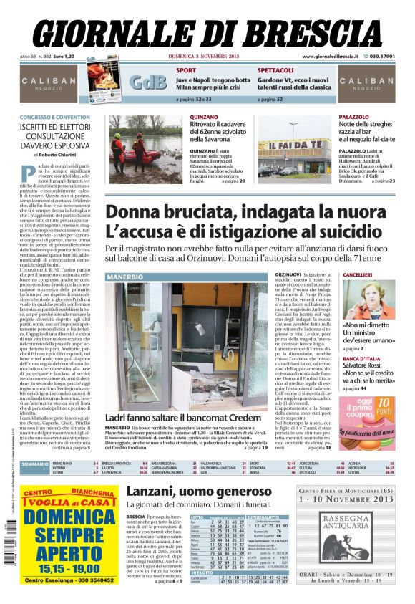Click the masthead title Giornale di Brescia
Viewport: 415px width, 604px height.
tap(207, 30)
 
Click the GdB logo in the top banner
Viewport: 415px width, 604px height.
tap(147, 82)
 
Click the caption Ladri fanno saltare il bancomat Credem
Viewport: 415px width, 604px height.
tap(182, 417)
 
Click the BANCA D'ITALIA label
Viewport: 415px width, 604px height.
tap(361, 358)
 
